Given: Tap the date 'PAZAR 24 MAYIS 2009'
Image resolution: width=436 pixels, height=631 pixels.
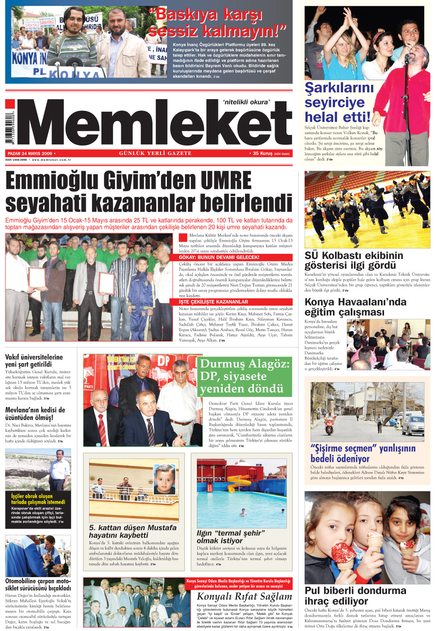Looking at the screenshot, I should click(x=30, y=154).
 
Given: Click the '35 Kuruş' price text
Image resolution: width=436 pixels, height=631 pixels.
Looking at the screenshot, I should click(x=263, y=154).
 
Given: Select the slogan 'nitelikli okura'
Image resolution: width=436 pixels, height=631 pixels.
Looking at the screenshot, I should click(x=246, y=102).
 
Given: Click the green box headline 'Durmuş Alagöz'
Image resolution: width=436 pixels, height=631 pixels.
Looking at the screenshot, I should click(x=245, y=376).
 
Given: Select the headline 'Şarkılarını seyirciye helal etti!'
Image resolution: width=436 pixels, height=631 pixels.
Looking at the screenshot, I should click(x=338, y=102).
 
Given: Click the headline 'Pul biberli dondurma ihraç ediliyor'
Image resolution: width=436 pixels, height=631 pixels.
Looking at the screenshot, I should click(x=355, y=596).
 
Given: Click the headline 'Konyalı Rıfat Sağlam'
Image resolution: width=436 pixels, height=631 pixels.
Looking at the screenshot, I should click(x=244, y=596).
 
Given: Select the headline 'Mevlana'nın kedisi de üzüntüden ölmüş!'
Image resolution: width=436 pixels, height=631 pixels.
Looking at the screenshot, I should click(x=35, y=413).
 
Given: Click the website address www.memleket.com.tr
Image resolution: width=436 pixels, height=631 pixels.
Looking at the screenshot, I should click(x=52, y=160).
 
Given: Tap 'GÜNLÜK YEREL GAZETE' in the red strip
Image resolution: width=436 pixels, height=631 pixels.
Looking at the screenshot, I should click(x=155, y=154).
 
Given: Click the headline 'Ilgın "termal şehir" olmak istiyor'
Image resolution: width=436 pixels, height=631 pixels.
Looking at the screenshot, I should click(x=231, y=537).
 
